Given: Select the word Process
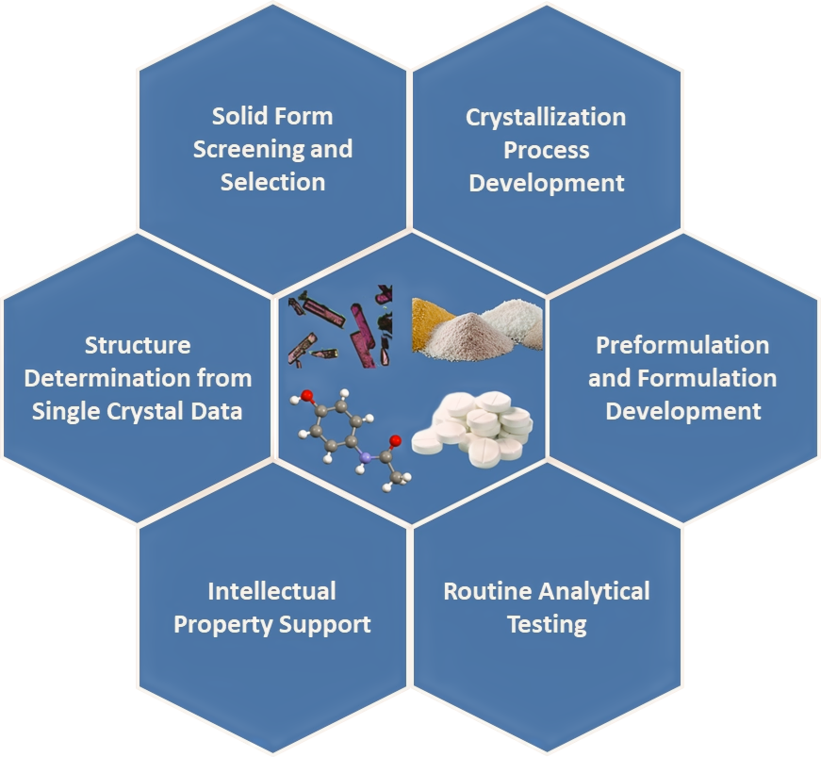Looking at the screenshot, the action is pos(546,150).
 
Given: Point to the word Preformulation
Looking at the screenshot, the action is pos(682,346).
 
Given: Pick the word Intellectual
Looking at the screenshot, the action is pos(271,592).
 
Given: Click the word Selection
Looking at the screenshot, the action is pos(272,182).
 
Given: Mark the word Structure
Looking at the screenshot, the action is pos(138,346).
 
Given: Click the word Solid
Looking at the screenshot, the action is pos(234,116).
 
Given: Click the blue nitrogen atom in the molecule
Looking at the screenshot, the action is pos(365,458).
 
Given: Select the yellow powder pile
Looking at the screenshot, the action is pos(432,323).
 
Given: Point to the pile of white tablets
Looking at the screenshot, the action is pos(472,429).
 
